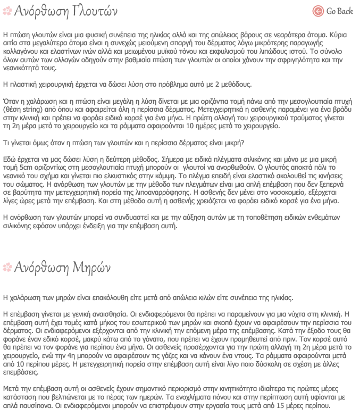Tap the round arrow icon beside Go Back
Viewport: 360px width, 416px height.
coord(318,11)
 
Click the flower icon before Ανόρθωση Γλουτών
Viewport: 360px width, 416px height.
coord(7,11)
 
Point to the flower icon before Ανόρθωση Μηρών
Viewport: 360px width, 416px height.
coord(7,266)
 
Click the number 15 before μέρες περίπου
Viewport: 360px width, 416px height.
coord(295,405)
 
